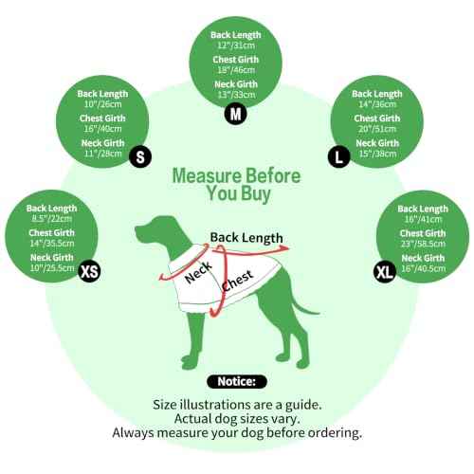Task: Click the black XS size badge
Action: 90,271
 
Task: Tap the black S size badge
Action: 140,156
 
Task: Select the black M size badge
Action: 236,114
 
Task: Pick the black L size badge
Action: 338,156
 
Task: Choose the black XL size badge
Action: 385,272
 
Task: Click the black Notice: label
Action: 237,382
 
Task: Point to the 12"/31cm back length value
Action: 236,46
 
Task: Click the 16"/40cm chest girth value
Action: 102,129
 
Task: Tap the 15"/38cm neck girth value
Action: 377,154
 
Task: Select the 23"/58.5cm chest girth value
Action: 423,244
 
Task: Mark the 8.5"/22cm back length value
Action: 52,219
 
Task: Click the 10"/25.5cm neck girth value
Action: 52,268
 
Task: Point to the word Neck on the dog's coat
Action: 198,272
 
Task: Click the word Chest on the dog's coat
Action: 237,281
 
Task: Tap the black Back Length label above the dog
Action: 246,238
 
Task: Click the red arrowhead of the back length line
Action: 284,248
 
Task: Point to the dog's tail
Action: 304,305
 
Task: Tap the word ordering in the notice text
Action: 335,433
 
